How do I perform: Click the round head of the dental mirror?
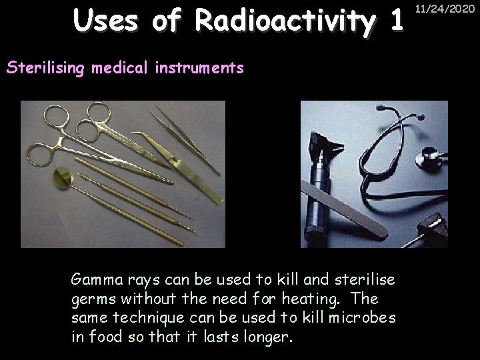(x=63, y=177)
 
